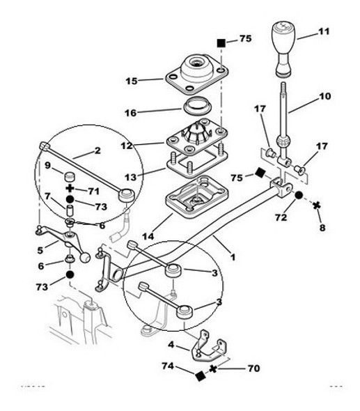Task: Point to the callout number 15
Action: point(131,81)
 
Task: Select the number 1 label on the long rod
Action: point(233,256)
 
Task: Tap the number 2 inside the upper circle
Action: point(98,150)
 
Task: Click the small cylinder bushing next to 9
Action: point(70,174)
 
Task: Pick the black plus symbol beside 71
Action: point(70,189)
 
